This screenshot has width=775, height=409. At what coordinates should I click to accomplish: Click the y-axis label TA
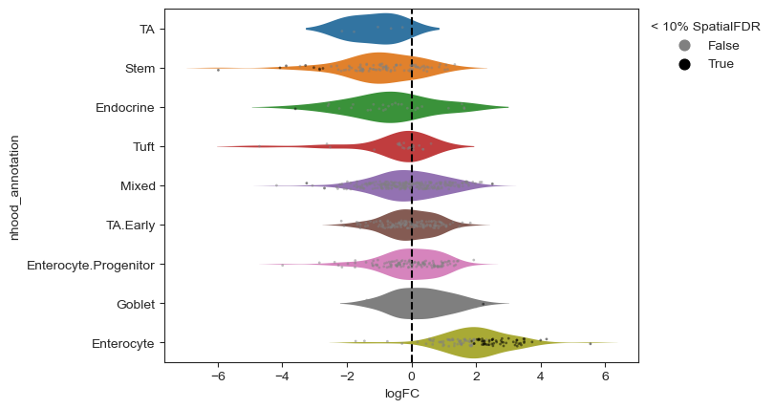tap(146, 29)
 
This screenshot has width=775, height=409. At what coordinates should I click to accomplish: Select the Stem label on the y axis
tap(140, 68)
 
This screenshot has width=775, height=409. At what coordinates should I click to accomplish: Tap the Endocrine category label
tap(124, 107)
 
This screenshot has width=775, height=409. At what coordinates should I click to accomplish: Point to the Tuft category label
tap(141, 146)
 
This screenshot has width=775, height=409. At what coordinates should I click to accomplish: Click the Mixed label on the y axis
tap(138, 185)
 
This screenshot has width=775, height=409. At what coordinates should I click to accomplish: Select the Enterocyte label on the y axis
tap(122, 343)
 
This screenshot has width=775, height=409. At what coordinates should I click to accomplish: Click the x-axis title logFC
tap(402, 394)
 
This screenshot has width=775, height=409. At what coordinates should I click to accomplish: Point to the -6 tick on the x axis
tap(217, 376)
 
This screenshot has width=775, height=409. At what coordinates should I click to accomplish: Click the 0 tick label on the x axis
tap(412, 376)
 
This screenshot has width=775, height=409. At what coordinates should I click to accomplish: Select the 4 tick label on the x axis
tap(541, 376)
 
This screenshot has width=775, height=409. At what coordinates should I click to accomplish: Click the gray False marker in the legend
tap(684, 45)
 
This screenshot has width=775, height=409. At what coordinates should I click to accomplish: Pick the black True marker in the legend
tap(684, 64)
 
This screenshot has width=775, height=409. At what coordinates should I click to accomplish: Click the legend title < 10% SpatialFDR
tap(705, 26)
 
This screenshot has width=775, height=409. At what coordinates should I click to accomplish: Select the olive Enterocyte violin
tap(478, 343)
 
